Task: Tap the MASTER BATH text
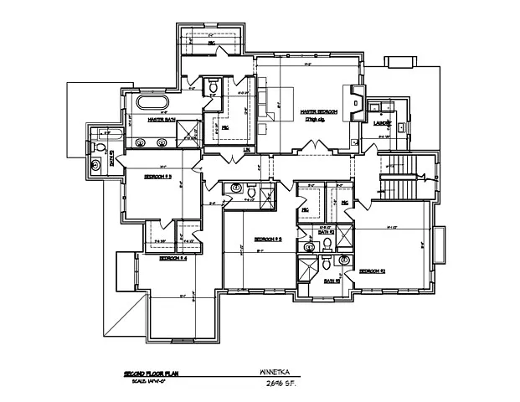[x=161, y=120]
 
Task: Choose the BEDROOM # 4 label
[x=172, y=258]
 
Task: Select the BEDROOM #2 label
[x=371, y=271]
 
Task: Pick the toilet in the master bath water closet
[x=213, y=89]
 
